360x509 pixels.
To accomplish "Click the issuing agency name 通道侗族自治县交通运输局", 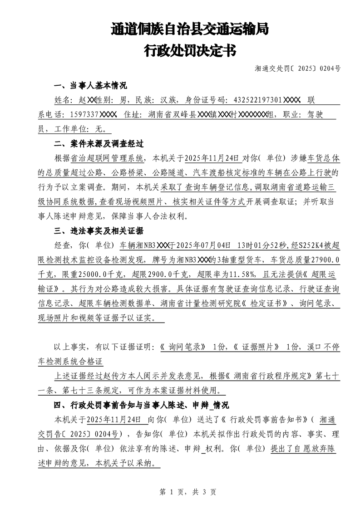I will coord(190,30).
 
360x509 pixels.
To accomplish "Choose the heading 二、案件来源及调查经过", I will coord(99,144).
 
